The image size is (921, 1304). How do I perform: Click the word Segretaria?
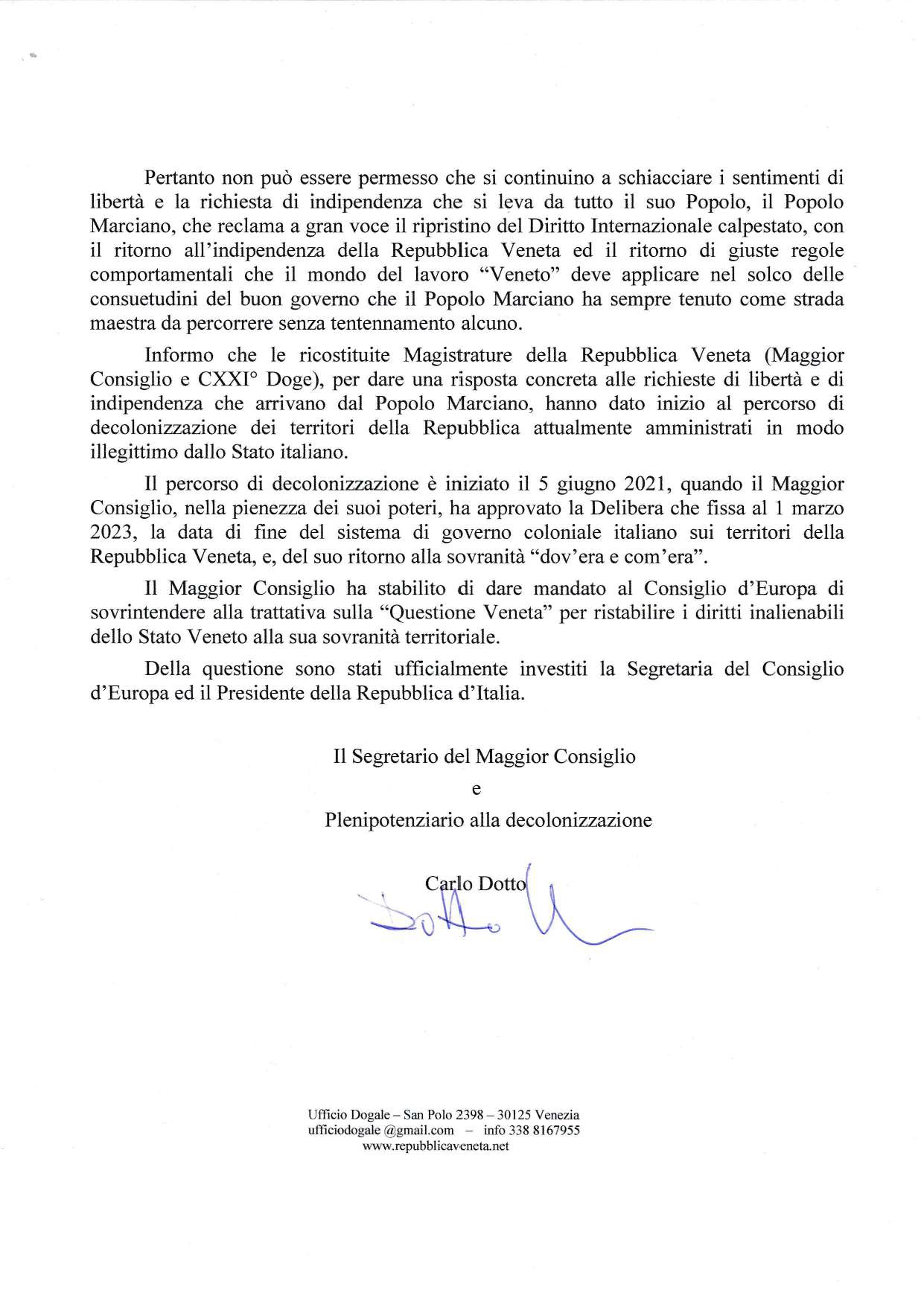tap(669, 668)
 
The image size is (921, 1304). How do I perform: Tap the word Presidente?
tap(284, 692)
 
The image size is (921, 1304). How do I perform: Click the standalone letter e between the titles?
tap(477, 788)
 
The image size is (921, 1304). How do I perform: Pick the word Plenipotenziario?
tap(395, 820)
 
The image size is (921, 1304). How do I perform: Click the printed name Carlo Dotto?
tap(475, 883)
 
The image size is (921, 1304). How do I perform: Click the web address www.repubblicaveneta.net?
tap(436, 1145)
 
